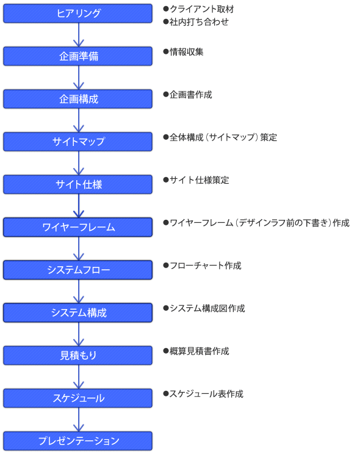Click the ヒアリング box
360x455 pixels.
[77, 13]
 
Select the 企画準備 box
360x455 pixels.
[77, 56]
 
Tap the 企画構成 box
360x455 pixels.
[77, 99]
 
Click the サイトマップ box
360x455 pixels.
[77, 142]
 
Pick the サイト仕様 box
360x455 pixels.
[77, 184]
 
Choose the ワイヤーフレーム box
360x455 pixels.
[77, 227]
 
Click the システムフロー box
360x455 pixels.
[77, 270]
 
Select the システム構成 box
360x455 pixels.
[77, 313]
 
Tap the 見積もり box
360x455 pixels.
[77, 355]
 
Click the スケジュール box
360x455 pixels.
[77, 398]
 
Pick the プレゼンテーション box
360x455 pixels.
[77, 441]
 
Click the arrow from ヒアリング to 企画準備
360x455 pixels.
[79, 35]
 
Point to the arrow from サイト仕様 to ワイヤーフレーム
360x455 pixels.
[79, 206]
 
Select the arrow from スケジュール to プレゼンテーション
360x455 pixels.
[79, 420]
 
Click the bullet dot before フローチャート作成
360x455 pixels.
[166, 265]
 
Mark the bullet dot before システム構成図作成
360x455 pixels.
[166, 308]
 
